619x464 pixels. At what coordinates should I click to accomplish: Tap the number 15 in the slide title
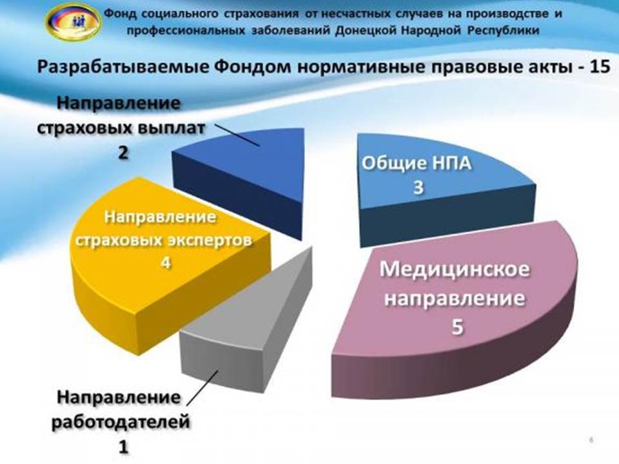tap(599, 66)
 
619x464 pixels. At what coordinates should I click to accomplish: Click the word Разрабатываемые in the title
tap(123, 67)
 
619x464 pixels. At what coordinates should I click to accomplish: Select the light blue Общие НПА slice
tap(442, 189)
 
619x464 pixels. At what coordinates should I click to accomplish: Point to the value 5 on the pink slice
tap(457, 327)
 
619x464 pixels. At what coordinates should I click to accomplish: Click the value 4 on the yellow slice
tap(166, 262)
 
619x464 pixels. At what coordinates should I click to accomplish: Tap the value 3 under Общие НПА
tap(418, 188)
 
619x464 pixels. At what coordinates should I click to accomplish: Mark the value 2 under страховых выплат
tap(123, 152)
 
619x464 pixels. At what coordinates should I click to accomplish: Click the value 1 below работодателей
tap(124, 447)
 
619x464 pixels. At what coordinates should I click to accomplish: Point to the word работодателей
tap(121, 422)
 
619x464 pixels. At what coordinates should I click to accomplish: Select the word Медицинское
tap(455, 269)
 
